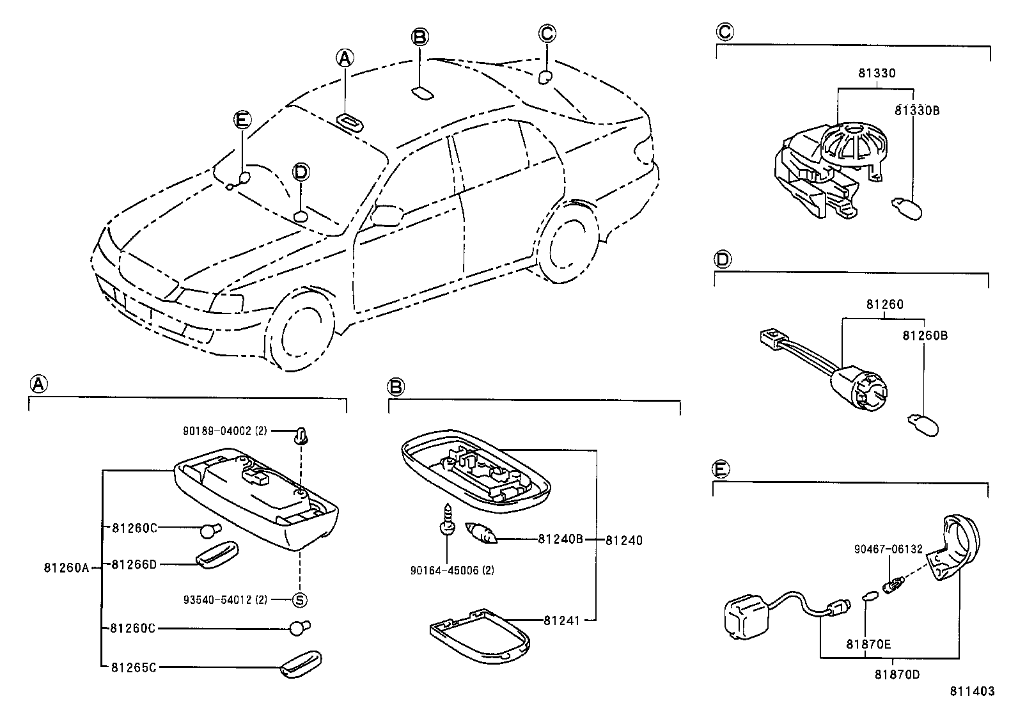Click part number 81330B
pyautogui.click(x=916, y=110)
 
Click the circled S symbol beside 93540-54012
pyautogui.click(x=299, y=600)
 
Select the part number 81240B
pyautogui.click(x=560, y=539)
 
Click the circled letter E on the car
pyautogui.click(x=242, y=120)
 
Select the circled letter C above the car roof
pyautogui.click(x=547, y=33)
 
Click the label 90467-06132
pyautogui.click(x=888, y=549)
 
